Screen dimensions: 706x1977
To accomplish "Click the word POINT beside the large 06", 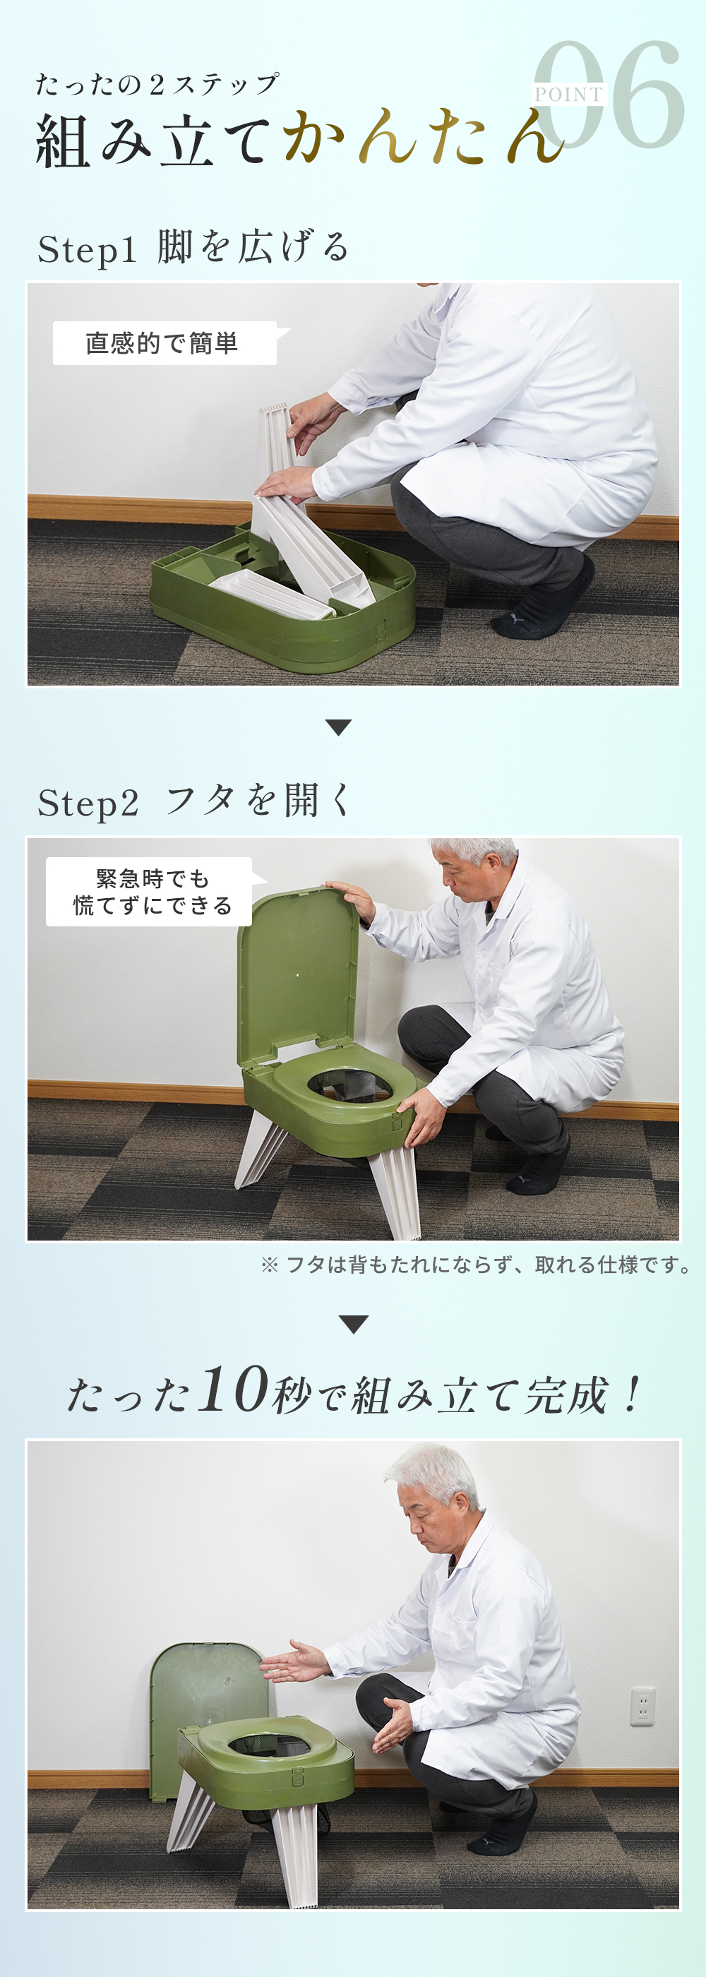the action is (568, 95).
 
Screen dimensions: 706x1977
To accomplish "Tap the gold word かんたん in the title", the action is (424, 138).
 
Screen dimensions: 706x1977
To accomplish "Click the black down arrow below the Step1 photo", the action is (338, 727).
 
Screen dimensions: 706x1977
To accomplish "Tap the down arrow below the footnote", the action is (353, 1325).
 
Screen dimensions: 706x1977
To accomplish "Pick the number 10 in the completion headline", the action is (233, 1390).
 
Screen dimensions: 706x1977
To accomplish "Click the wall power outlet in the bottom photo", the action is (642, 1706).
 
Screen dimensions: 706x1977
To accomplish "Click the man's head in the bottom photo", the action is (433, 1498).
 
